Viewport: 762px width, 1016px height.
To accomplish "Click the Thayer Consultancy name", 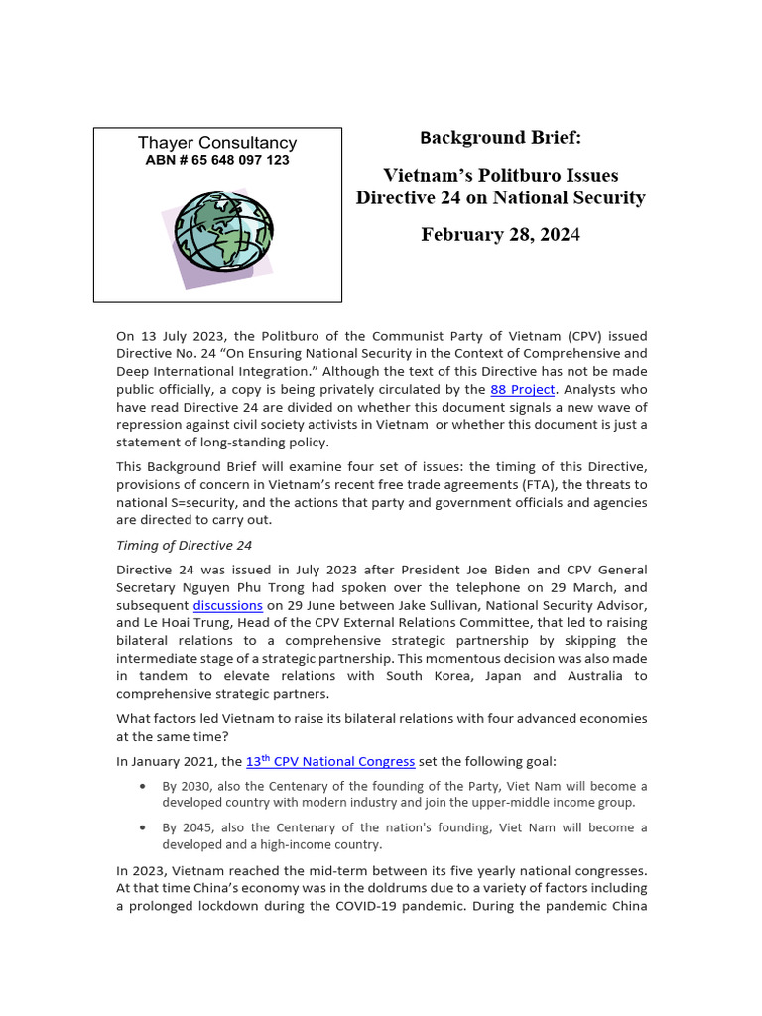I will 217,143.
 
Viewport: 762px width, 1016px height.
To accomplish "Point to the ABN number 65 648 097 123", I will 217,160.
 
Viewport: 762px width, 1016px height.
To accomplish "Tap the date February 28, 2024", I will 500,235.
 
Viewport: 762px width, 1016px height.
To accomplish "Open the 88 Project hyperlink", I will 523,390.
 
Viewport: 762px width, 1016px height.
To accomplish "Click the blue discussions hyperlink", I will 227,604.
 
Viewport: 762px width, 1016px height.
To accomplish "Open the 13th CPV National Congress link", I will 330,761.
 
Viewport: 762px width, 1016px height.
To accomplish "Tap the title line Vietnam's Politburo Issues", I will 500,176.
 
